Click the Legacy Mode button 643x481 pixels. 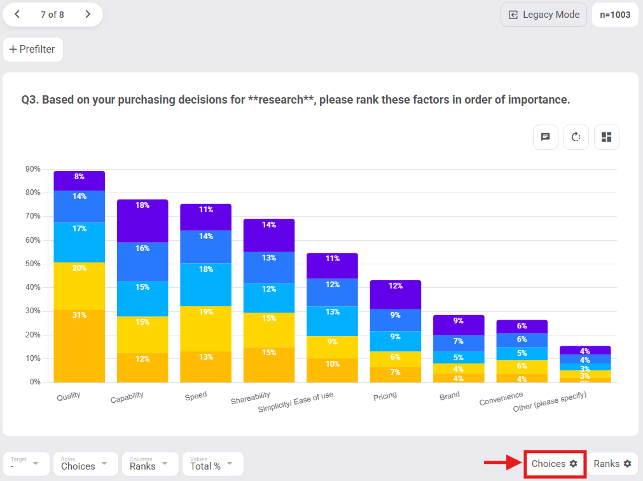[544, 15]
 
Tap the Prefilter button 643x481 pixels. [33, 50]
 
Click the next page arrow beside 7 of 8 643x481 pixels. [88, 15]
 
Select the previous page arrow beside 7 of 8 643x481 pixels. [17, 15]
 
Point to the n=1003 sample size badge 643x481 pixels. [615, 15]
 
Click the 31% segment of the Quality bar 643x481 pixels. [79, 346]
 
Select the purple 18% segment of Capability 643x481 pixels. [142, 220]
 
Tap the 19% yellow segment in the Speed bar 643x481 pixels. [205, 329]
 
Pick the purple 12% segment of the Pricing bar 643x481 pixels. [396, 294]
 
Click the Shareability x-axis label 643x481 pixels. [251, 399]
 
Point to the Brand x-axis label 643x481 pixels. [450, 396]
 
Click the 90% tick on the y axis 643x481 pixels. [33, 169]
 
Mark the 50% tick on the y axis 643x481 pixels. [33, 264]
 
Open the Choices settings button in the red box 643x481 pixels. [555, 464]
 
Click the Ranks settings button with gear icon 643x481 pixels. [612, 464]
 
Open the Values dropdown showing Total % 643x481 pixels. [212, 464]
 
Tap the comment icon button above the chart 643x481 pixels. [545, 137]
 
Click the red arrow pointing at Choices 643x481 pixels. [502, 464]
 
